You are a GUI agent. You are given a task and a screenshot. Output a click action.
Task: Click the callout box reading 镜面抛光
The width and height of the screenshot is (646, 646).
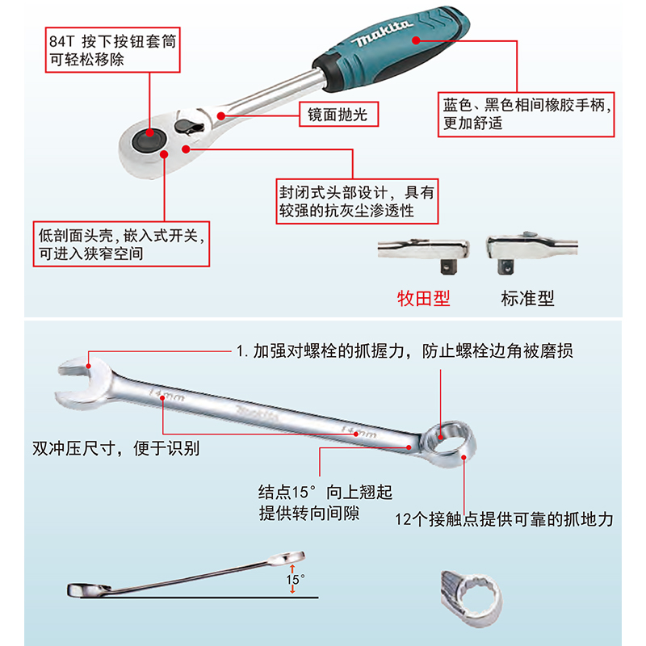click(x=338, y=115)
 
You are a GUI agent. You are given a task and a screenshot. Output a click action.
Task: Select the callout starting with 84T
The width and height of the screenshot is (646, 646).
click(x=111, y=50)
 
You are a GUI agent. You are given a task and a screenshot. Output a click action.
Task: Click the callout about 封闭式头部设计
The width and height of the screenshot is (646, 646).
click(x=356, y=201)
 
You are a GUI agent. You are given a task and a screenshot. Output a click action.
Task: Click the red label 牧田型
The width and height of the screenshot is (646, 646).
click(x=423, y=298)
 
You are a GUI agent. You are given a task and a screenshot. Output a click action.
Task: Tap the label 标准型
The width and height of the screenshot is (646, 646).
click(x=527, y=298)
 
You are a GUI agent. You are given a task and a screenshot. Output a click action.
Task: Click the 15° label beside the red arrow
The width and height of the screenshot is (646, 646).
click(x=296, y=579)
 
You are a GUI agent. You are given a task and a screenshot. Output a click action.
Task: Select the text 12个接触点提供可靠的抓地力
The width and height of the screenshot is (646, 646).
click(x=504, y=519)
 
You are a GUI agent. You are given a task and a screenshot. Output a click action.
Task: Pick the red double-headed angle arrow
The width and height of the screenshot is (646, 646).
click(x=292, y=580)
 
